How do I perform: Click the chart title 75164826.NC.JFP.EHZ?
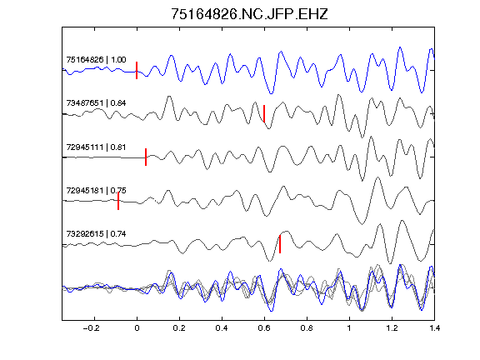click(249, 14)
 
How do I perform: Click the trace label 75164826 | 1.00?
click(96, 59)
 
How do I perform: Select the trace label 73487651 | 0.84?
click(96, 102)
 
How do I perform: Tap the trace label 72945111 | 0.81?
click(96, 147)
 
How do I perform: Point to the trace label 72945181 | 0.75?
click(96, 190)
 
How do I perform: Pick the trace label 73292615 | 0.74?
click(96, 234)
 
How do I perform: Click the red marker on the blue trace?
click(137, 70)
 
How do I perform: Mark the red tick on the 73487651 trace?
click(264, 113)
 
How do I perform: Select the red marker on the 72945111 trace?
click(146, 157)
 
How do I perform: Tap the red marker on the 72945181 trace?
click(118, 201)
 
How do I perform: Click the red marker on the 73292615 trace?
click(280, 244)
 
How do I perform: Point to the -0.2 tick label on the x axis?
click(91, 328)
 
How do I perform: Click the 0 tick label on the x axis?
click(137, 328)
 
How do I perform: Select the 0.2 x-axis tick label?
click(179, 328)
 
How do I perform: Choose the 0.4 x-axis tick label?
click(222, 328)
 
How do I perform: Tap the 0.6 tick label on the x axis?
click(264, 328)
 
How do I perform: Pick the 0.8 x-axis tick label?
click(307, 328)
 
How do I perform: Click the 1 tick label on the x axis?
click(349, 328)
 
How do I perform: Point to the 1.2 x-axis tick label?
click(392, 328)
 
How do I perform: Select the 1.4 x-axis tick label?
click(434, 328)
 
